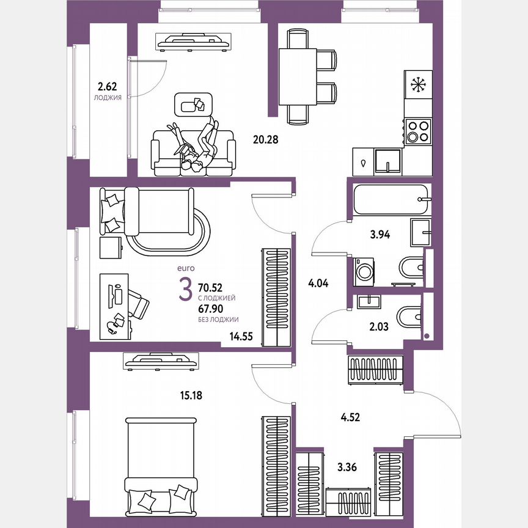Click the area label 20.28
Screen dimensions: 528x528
pos(266,139)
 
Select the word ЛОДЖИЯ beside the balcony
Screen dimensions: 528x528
pos(108,97)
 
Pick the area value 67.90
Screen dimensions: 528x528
pos(213,309)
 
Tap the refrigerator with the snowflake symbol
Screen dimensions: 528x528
pos(417,85)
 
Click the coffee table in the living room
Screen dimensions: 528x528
pos(194,104)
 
